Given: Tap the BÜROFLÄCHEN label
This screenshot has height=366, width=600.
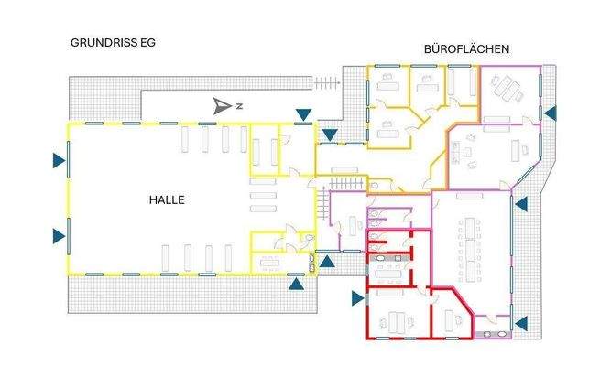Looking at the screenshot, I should coord(467,48).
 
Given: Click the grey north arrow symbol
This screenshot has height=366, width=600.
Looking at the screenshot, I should coord(222,106).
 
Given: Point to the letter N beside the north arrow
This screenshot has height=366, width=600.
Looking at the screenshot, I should coord(238,107).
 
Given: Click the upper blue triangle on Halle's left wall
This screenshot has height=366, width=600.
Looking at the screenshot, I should coord(58,162).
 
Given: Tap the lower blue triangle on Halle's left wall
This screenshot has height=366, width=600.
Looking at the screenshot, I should coord(58,235).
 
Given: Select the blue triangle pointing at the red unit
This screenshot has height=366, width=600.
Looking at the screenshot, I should coord(356,297).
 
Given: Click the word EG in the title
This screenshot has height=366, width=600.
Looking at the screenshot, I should coord(134,43).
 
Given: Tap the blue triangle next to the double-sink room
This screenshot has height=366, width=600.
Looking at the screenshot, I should coord(521,322).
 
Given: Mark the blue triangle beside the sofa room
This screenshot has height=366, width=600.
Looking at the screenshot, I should coord(551,113).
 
